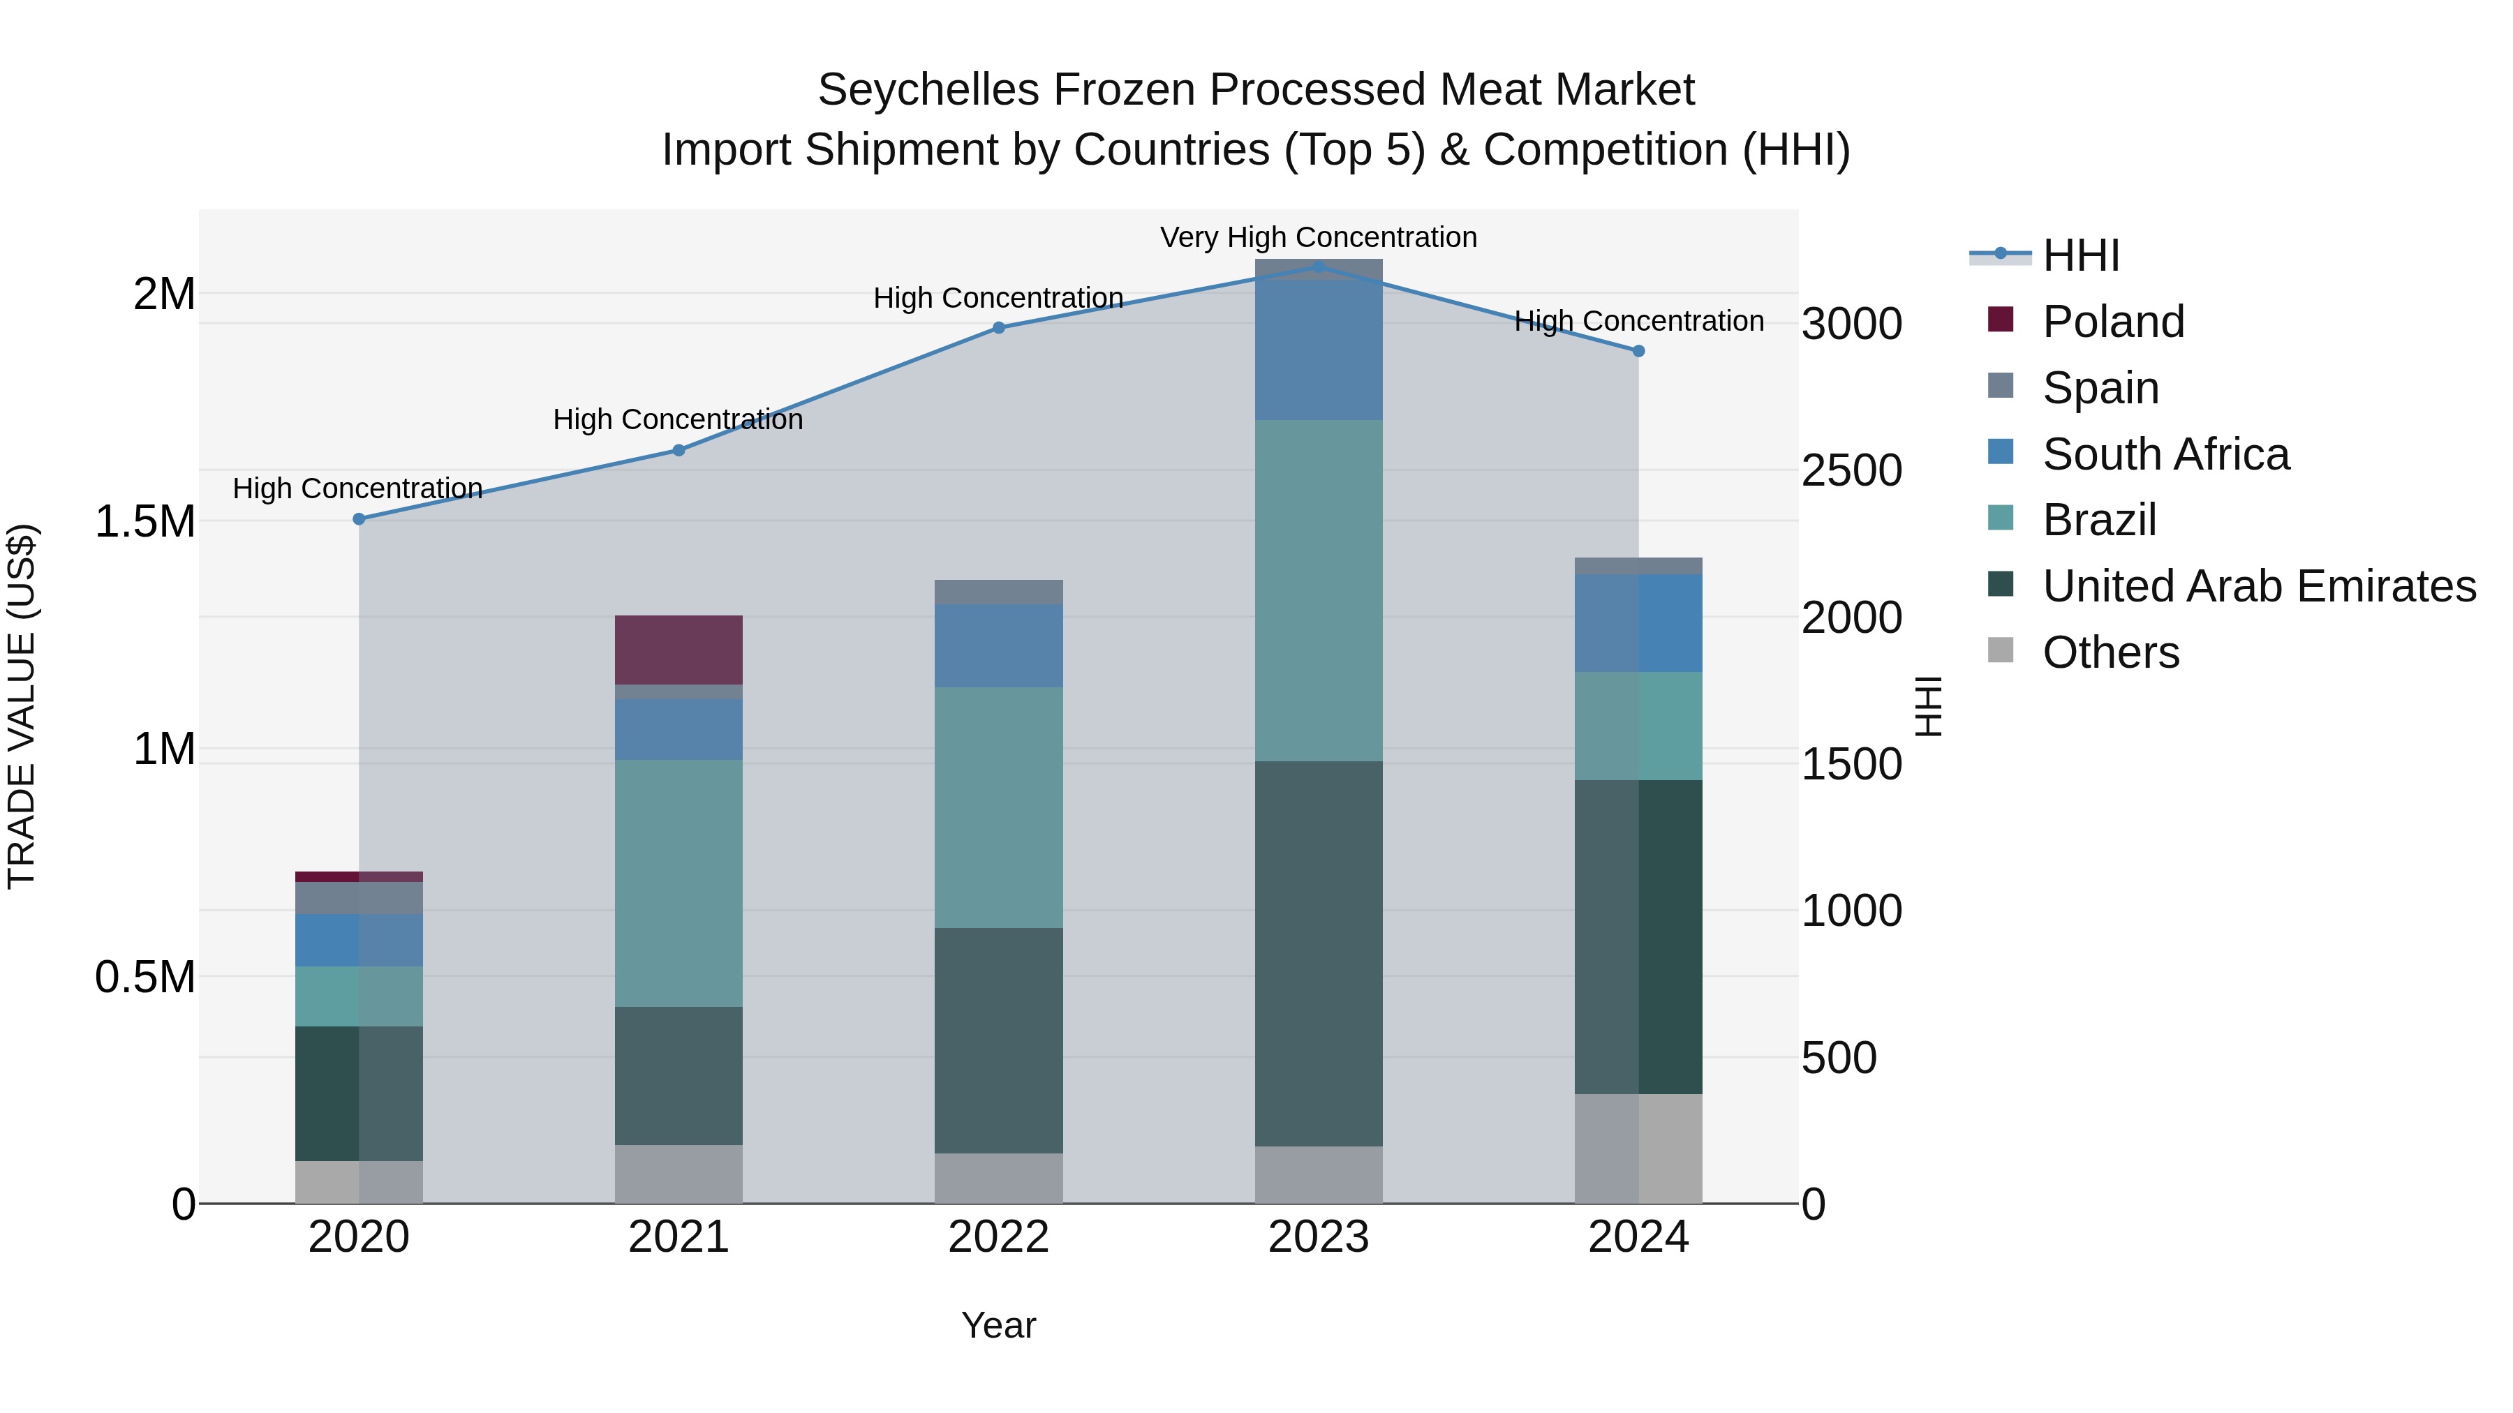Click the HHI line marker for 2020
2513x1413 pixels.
[359, 518]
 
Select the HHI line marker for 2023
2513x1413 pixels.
[1318, 267]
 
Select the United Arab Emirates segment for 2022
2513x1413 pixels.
[998, 1040]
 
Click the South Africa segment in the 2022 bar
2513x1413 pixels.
[998, 645]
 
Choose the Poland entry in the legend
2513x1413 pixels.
[2113, 322]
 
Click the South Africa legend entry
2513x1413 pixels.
[2165, 454]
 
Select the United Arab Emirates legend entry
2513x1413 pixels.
[2258, 586]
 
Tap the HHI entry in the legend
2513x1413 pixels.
[2080, 255]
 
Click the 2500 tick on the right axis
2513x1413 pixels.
[1851, 471]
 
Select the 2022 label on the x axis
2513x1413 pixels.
[998, 1237]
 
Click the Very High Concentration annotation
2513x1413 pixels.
[1318, 237]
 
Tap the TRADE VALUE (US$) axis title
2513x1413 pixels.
[22, 706]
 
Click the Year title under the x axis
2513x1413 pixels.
[998, 1325]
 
